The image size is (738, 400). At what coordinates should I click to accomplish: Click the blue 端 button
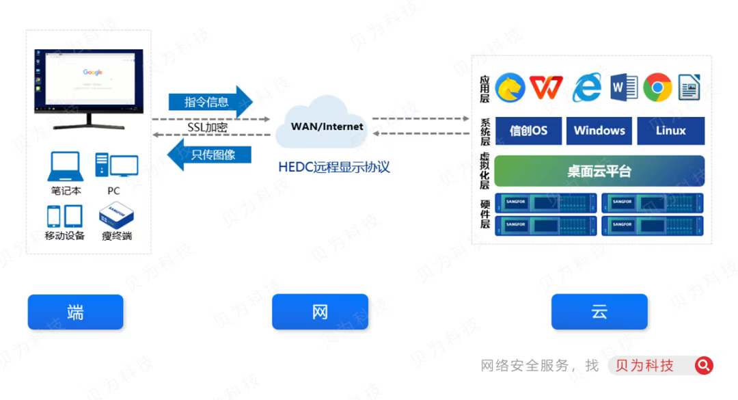(x=75, y=312)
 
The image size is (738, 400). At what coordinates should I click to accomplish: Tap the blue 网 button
(x=320, y=312)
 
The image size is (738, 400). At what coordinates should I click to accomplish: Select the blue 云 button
(x=599, y=312)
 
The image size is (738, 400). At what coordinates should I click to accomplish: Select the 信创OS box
(x=528, y=131)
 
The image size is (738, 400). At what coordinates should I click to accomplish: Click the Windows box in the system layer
(x=599, y=131)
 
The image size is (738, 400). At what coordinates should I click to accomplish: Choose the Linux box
(x=670, y=131)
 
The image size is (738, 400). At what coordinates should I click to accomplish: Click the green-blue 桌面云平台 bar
(x=599, y=171)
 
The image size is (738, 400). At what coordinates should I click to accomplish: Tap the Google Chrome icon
(x=657, y=88)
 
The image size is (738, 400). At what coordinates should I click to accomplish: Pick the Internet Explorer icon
(x=586, y=88)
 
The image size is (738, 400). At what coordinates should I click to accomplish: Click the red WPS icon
(x=546, y=88)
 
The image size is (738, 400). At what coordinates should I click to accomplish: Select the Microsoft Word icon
(x=624, y=88)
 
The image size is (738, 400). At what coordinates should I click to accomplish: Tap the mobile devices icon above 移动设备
(x=65, y=216)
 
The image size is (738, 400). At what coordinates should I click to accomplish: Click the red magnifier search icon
(x=704, y=366)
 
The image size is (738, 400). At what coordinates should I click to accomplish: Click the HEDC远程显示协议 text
(x=334, y=167)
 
